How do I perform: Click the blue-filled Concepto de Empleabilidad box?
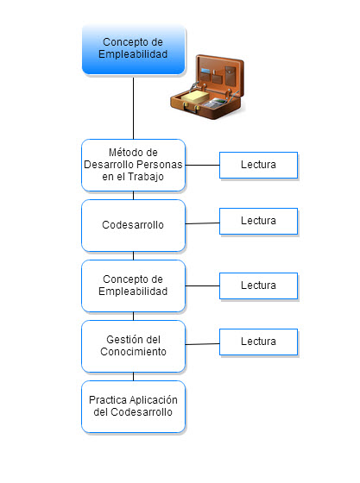pyautogui.click(x=134, y=50)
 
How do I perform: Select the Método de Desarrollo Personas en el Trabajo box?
pyautogui.click(x=134, y=165)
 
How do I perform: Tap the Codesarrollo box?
pyautogui.click(x=134, y=225)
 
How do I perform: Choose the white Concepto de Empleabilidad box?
pyautogui.click(x=134, y=285)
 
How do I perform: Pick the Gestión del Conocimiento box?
pyautogui.click(x=134, y=346)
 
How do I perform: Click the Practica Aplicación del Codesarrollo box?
pyautogui.click(x=134, y=406)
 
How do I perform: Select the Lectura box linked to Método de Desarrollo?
pyautogui.click(x=259, y=165)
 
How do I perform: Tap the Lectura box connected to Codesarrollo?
pyautogui.click(x=259, y=221)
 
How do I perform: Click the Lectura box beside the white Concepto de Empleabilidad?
pyautogui.click(x=259, y=285)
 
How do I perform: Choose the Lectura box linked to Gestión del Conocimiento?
pyautogui.click(x=259, y=342)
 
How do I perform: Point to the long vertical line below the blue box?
pyautogui.click(x=134, y=107)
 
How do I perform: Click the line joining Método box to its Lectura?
pyautogui.click(x=203, y=165)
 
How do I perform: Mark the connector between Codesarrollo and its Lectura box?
pyautogui.click(x=203, y=223)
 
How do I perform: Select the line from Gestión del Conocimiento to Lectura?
pyautogui.click(x=203, y=344)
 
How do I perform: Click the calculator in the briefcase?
pyautogui.click(x=213, y=103)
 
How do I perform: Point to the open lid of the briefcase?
pyautogui.click(x=219, y=72)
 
